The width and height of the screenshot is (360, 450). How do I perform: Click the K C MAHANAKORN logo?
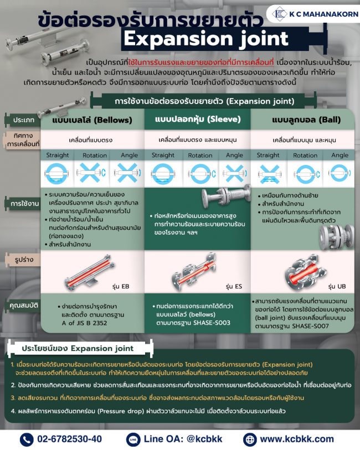pyautogui.click(x=312, y=14)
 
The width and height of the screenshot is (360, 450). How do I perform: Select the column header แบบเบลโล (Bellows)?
pyautogui.click(x=92, y=119)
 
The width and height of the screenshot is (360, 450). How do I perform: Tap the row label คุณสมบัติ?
pyautogui.click(x=22, y=305)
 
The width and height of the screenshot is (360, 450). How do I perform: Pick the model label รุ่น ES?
pyautogui.click(x=234, y=286)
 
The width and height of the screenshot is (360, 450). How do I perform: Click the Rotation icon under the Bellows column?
pyautogui.click(x=92, y=173)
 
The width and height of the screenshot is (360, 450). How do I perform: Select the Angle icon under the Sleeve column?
pyautogui.click(x=234, y=173)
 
